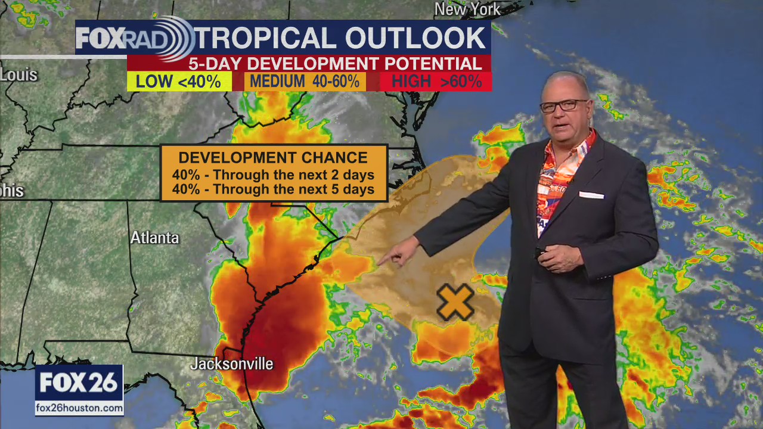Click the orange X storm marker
[455, 301]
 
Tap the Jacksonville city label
[231, 363]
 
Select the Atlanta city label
[154, 237]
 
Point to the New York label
[467, 9]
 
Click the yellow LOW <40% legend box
[179, 82]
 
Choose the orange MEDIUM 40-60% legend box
[305, 82]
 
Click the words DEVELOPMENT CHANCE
[274, 158]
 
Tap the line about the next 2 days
[274, 175]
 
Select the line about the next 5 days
[274, 189]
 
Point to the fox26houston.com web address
[79, 408]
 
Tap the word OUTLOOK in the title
[415, 38]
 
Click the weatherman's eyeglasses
[563, 106]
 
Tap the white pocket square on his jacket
[591, 195]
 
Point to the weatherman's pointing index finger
[381, 260]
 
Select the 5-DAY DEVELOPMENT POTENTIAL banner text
[335, 64]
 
